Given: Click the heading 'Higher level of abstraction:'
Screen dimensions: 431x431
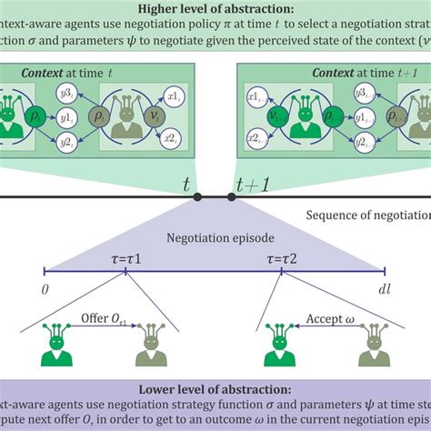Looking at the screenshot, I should click(215, 10).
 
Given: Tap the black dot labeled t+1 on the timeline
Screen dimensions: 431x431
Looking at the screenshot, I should click(232, 195).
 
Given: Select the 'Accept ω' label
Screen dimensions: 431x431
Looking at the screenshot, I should click(315, 325).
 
